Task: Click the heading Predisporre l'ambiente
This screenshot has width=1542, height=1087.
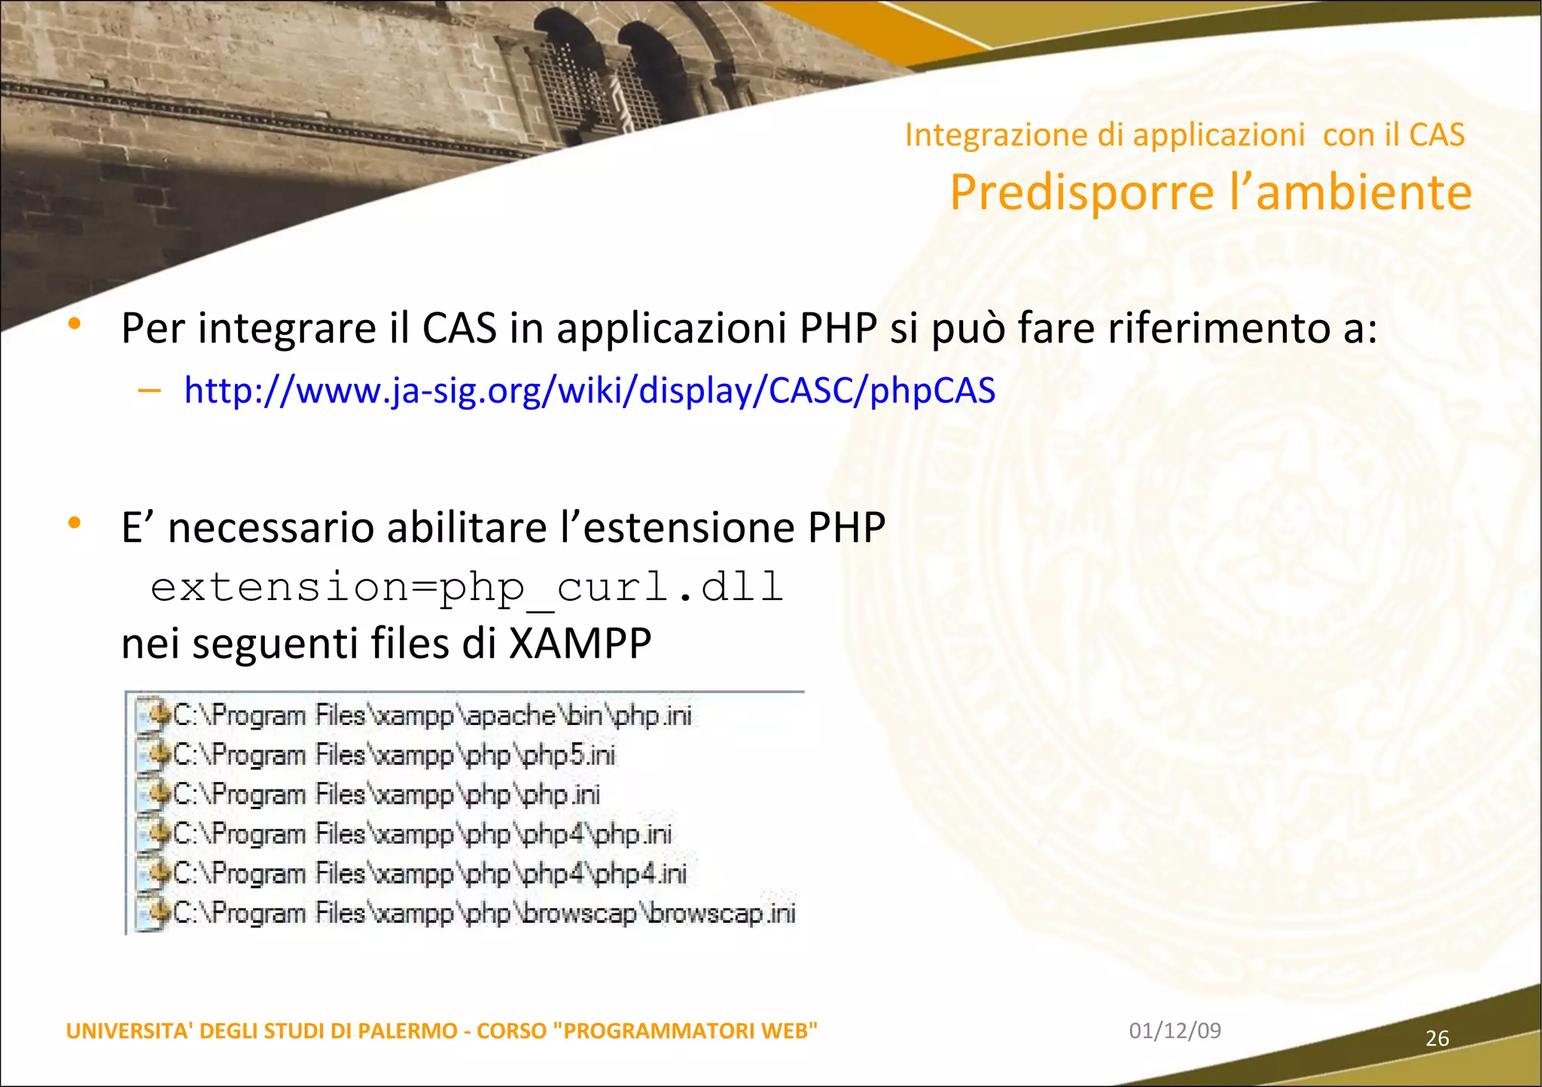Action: tap(1210, 193)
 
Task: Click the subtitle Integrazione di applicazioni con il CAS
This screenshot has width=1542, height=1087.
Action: tap(1184, 135)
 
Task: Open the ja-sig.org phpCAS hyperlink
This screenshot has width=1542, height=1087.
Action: tap(590, 391)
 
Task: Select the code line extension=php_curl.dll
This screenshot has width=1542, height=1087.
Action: tap(467, 586)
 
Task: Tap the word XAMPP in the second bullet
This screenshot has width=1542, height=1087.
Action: tap(580, 644)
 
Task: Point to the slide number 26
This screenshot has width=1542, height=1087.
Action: tap(1437, 1039)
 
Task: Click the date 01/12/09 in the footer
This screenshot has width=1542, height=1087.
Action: tap(1175, 1031)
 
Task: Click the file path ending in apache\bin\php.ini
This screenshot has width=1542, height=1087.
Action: tap(432, 715)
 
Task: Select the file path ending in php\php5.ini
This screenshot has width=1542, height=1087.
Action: tap(394, 755)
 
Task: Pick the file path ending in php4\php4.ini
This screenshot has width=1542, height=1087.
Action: tap(430, 873)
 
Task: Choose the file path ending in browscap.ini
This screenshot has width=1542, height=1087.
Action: tap(484, 913)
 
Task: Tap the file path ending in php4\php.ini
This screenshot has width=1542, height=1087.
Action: tap(422, 834)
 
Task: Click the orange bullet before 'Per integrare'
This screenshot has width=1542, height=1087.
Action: tap(74, 324)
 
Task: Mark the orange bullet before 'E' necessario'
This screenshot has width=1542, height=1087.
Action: tap(74, 522)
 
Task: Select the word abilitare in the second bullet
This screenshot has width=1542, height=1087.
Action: tap(467, 528)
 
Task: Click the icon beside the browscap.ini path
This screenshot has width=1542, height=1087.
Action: tap(154, 914)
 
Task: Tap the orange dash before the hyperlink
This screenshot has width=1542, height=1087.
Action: tap(150, 390)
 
